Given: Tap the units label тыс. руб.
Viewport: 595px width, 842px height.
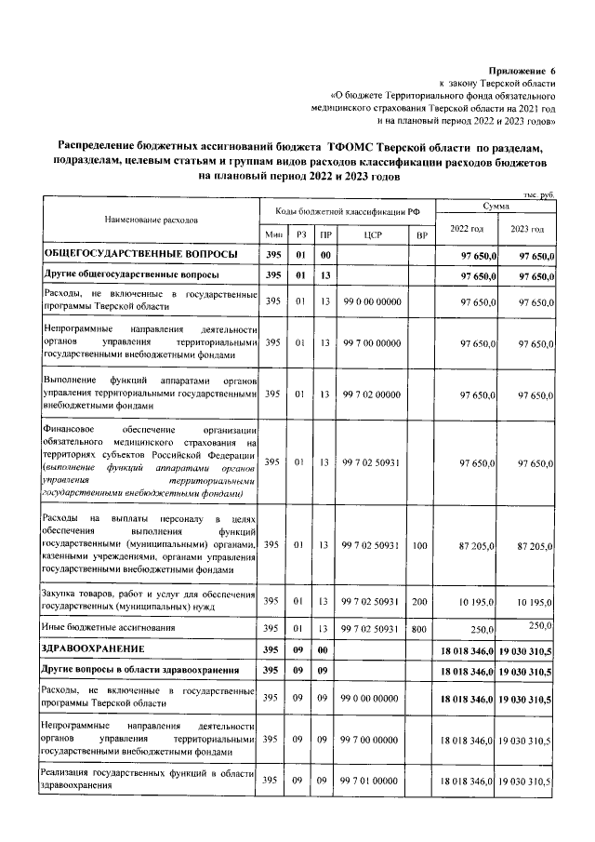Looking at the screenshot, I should [x=538, y=194].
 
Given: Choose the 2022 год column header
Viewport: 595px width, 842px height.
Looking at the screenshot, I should [x=466, y=229].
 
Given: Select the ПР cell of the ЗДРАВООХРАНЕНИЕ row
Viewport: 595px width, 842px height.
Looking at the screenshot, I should [x=324, y=648].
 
